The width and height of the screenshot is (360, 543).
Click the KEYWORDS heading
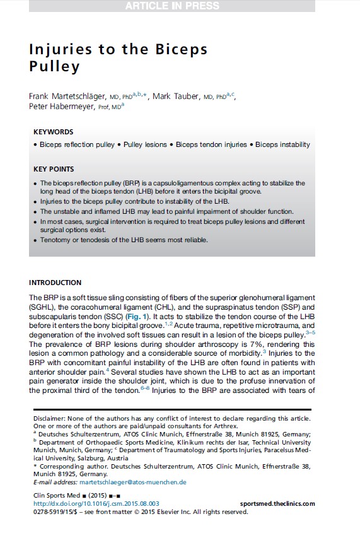(x=53, y=132)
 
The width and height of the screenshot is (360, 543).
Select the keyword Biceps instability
(x=282, y=145)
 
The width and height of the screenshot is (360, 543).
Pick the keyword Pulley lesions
(x=146, y=145)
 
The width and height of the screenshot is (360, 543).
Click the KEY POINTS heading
(x=53, y=170)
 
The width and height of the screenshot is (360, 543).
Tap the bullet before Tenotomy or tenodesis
(x=34, y=240)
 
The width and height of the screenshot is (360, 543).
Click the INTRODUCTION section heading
(x=55, y=283)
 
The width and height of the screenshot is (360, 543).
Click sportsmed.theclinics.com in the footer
(x=277, y=504)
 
